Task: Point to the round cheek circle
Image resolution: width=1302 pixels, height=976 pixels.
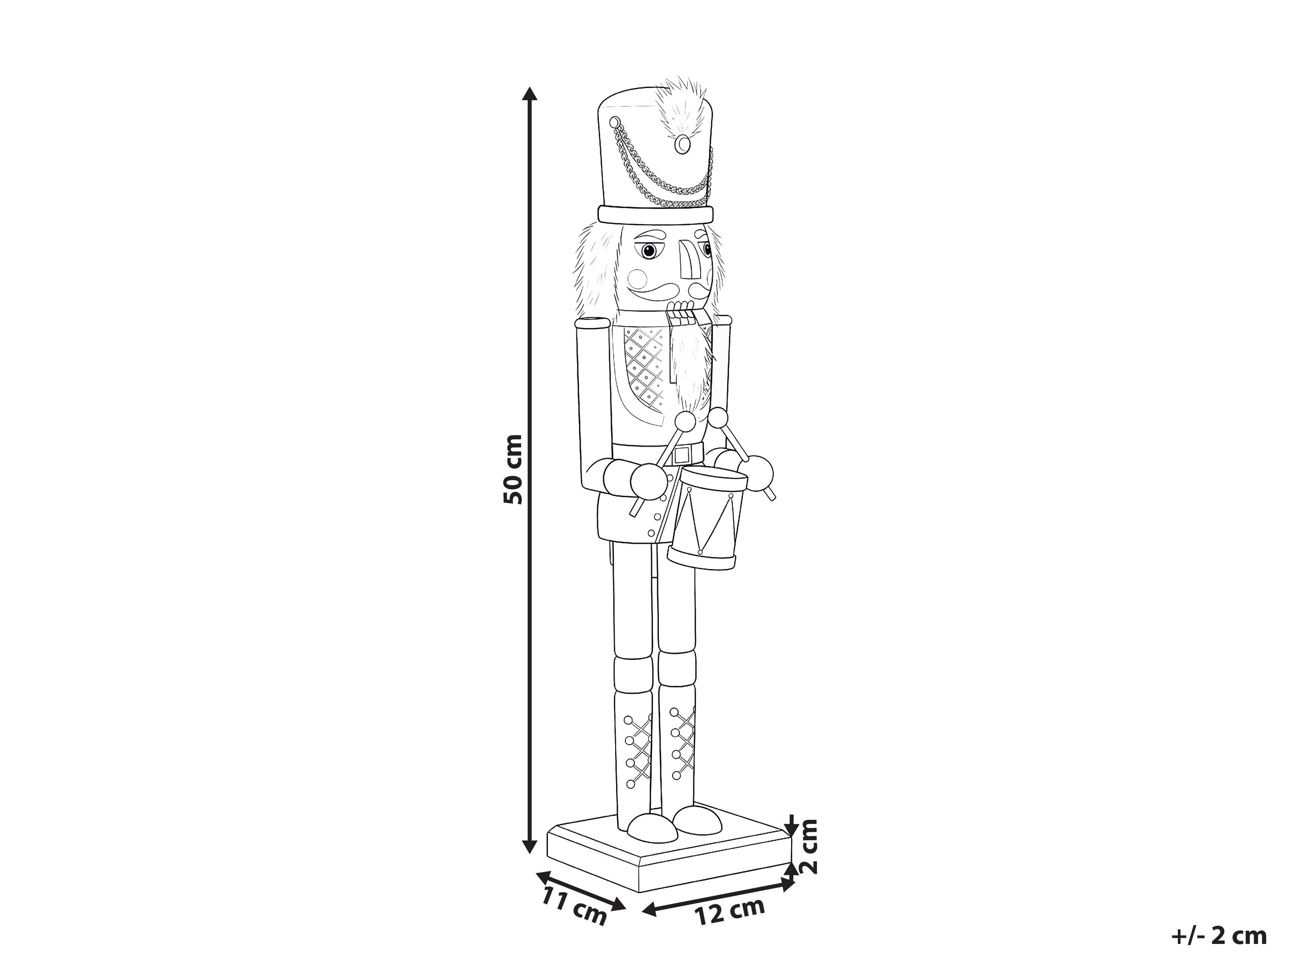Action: point(637,279)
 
